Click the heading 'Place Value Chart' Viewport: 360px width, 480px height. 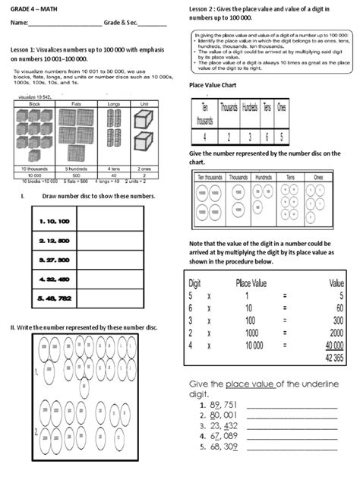214,86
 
